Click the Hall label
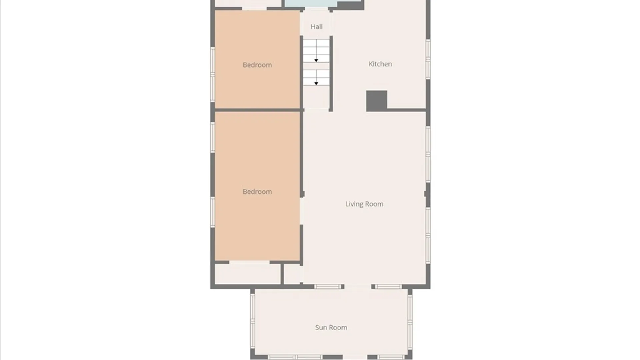pos(316,27)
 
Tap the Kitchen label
pos(380,64)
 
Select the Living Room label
pos(364,204)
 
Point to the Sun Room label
pos(331,328)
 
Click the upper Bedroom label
pos(257,65)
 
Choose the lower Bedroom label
pos(257,192)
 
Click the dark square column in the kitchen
pos(377,101)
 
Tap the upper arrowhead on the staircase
pos(316,60)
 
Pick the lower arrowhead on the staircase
pos(316,83)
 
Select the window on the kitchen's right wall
pos(428,59)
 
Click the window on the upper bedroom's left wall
pos(212,74)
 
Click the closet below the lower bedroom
pos(248,274)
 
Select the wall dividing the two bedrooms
pos(257,110)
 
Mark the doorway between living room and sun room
pos(358,287)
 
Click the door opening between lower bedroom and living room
pos(302,211)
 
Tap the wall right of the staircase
pos(331,74)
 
